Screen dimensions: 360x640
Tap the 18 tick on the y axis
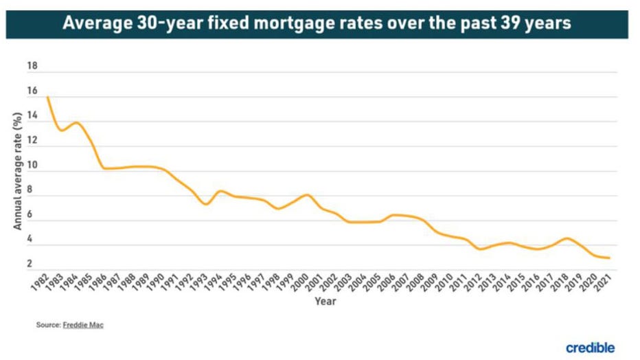tap(32, 67)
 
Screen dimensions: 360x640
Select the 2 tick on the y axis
tap(32, 265)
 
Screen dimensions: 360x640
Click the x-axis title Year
tap(325, 301)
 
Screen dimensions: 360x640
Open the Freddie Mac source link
tap(83, 325)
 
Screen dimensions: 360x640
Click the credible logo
tap(590, 348)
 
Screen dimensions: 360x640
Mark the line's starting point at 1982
tap(47, 97)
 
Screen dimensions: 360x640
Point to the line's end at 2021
tap(609, 258)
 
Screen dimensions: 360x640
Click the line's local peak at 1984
tap(76, 123)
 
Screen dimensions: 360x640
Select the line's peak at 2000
tap(306, 195)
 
